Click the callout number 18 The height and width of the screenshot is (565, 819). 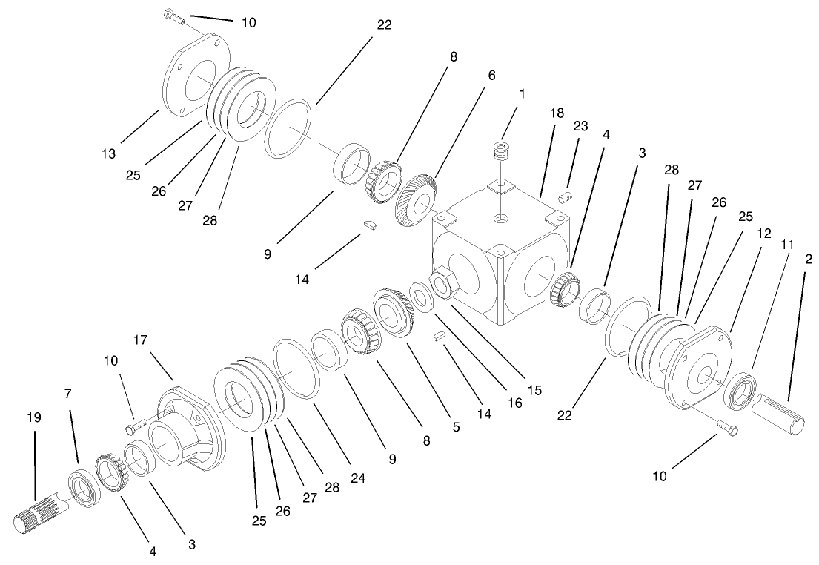[x=557, y=113]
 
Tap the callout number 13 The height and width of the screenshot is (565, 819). [x=110, y=153]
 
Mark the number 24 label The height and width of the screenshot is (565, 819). [x=358, y=479]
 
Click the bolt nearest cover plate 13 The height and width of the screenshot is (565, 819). [x=173, y=19]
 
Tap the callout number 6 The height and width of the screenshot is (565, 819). [x=491, y=76]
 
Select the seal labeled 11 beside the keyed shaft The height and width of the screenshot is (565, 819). [x=740, y=390]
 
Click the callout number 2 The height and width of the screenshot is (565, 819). [x=809, y=259]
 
